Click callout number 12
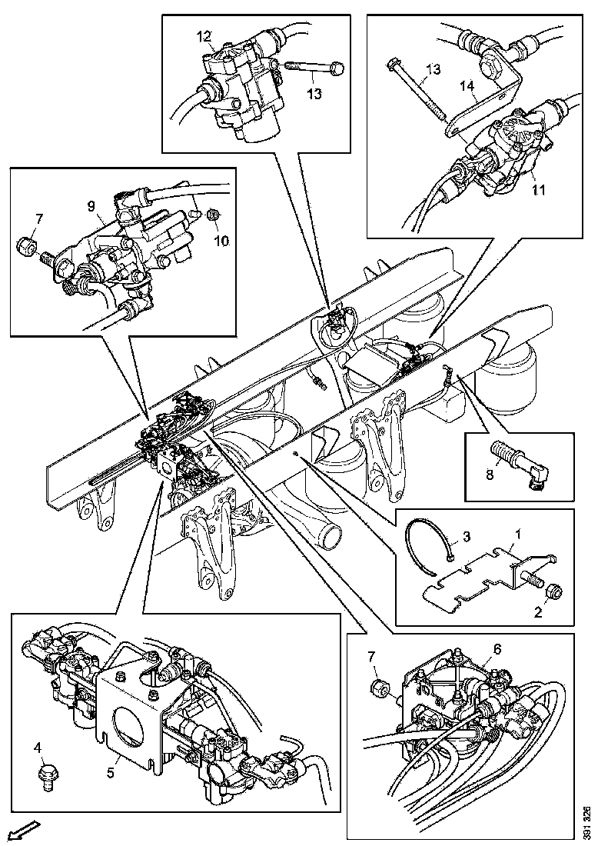[203, 36]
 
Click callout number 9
[91, 206]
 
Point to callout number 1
[519, 532]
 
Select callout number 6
[498, 649]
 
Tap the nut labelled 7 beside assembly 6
[378, 686]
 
